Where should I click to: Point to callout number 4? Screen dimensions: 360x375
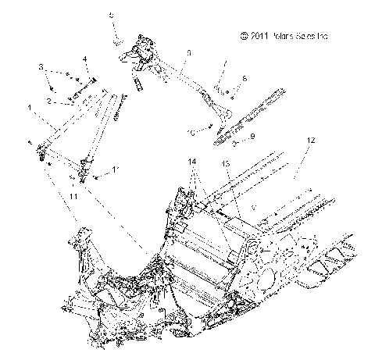coord(84,59)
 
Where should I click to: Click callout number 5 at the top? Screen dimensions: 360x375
coord(111,15)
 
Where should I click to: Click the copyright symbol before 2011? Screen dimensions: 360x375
coord(244,36)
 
